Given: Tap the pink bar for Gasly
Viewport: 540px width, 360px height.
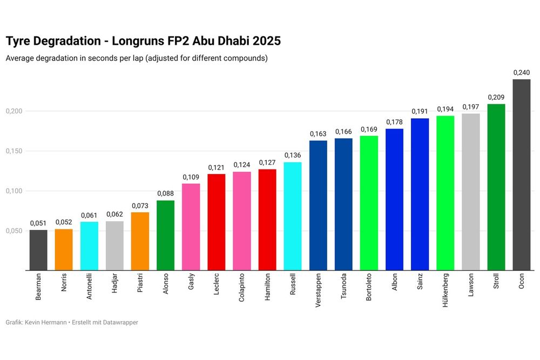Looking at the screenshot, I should point(191,227).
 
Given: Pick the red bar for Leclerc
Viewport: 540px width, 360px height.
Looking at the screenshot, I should point(216,222).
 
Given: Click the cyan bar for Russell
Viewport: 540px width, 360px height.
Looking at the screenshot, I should point(292,216).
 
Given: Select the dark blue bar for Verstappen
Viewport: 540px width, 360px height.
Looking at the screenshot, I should point(318,205).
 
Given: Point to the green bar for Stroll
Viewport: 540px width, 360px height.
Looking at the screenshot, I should point(496,187).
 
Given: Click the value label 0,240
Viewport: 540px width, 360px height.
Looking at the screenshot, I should point(521,73).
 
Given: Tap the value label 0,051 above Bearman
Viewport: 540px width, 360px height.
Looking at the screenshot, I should point(38,223).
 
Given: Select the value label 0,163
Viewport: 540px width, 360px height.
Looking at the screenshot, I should point(318,134).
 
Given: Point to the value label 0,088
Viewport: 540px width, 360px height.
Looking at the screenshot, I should point(165,194).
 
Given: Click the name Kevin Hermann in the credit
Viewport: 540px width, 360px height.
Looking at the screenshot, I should point(46,322).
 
